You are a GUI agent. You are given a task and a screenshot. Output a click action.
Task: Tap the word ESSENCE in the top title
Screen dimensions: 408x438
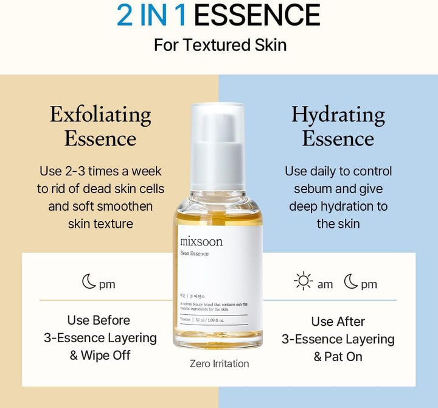click(258, 16)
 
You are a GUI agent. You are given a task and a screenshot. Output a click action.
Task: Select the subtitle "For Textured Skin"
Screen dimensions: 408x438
click(220, 46)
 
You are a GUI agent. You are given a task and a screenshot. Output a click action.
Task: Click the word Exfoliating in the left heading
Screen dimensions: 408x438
click(100, 114)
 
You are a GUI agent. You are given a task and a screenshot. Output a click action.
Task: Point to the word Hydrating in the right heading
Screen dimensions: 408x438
click(338, 114)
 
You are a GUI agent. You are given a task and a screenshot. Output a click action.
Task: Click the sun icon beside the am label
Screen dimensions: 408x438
click(303, 283)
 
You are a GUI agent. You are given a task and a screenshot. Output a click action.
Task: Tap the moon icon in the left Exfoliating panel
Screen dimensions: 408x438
click(89, 283)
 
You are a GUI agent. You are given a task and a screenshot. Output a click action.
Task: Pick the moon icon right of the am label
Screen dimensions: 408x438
click(351, 283)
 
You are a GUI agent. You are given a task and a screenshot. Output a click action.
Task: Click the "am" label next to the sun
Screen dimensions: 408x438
click(325, 284)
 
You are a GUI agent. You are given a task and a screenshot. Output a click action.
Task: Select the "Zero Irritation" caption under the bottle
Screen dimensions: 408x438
click(220, 364)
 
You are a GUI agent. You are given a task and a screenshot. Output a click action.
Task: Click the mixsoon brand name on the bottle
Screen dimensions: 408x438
click(201, 241)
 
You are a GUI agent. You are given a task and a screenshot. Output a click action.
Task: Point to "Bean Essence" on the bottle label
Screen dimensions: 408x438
click(194, 253)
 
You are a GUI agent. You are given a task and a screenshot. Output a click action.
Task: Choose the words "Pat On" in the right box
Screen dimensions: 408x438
click(345, 357)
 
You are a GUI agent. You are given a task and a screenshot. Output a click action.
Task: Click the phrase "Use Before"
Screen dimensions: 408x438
click(99, 320)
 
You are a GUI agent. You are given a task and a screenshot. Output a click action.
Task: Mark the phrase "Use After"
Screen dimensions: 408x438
click(338, 322)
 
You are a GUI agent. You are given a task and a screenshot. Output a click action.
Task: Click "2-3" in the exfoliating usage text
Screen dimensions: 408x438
click(79, 171)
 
